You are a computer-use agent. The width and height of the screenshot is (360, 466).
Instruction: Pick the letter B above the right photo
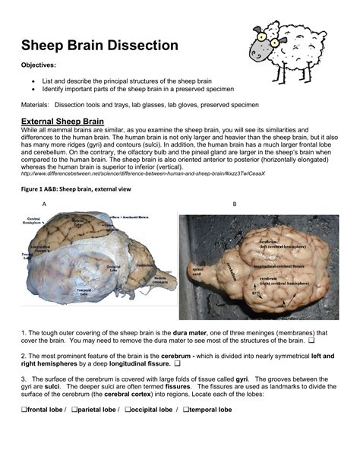tap(235, 204)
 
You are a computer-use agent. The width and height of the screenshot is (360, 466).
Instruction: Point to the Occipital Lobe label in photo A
tap(114, 267)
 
